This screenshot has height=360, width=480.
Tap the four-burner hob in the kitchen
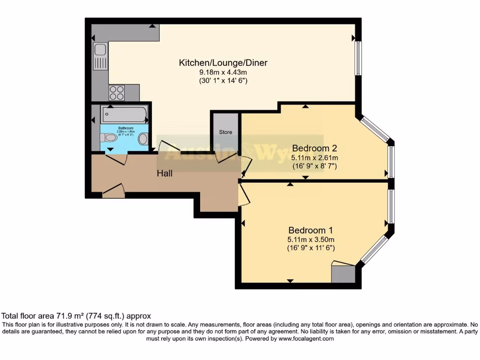point(116,93)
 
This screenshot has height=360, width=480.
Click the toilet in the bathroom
point(109,138)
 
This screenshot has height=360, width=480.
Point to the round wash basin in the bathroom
point(144,138)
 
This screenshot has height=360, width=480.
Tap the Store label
point(225,132)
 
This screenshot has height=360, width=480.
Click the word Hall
point(165,173)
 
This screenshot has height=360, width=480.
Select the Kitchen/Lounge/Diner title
point(223,63)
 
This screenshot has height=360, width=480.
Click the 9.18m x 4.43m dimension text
point(223,72)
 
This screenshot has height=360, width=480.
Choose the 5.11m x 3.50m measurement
point(311,240)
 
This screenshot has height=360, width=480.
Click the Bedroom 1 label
point(310,230)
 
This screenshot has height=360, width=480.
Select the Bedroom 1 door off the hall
point(244,195)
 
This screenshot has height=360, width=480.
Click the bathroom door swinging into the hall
point(116,159)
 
